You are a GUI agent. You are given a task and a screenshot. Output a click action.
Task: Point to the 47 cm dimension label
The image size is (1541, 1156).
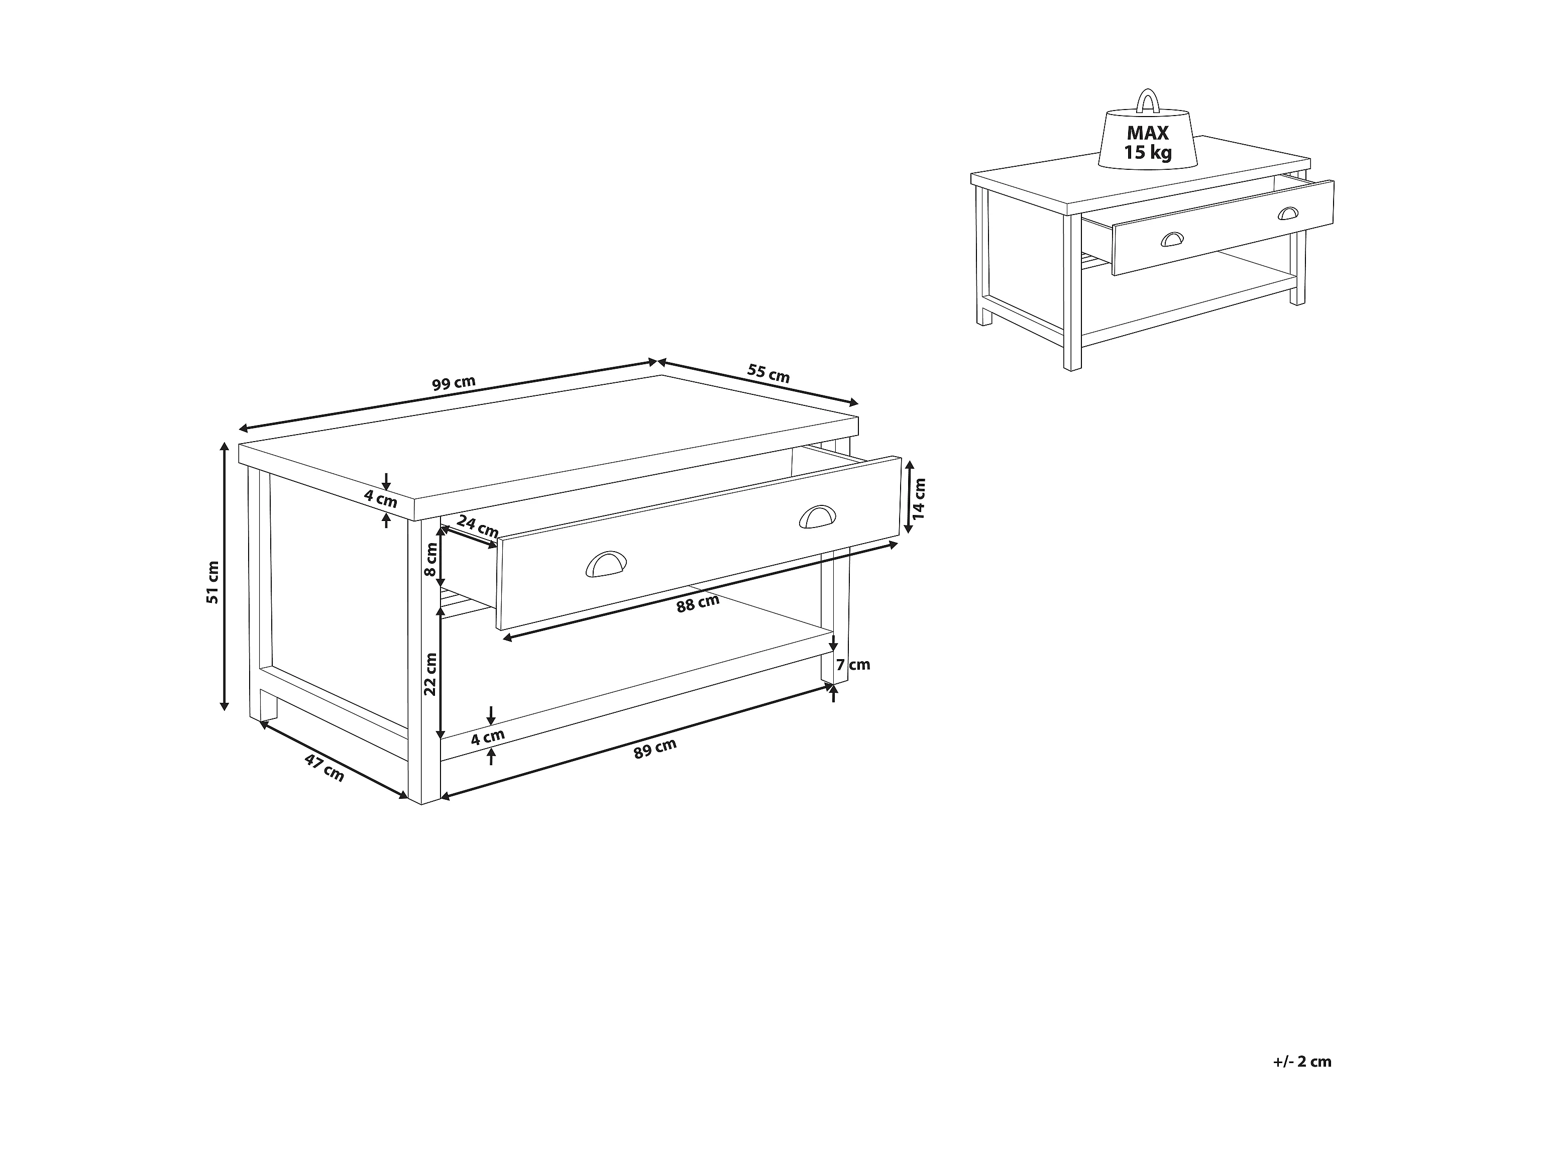(324, 767)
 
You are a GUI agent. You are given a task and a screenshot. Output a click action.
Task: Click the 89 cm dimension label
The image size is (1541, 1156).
(655, 749)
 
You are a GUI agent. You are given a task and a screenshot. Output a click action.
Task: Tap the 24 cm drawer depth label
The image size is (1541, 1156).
(478, 526)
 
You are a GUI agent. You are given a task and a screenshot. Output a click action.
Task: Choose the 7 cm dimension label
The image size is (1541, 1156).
(853, 665)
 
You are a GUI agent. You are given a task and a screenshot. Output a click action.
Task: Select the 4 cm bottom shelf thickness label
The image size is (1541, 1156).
(488, 737)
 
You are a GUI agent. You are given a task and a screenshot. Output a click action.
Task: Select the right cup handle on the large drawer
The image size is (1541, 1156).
(820, 516)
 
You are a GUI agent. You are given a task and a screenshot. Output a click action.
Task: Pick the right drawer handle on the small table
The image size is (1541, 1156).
(1289, 213)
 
